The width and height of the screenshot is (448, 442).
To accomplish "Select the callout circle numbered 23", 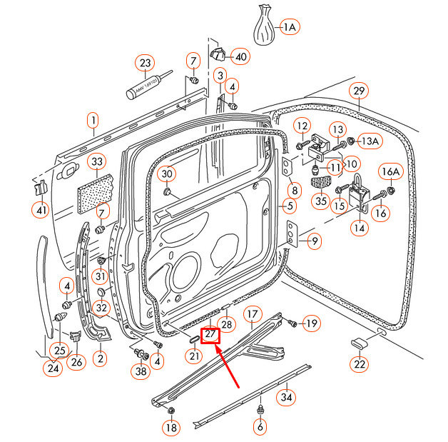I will point(146,63).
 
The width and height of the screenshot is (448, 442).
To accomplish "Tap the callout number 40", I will point(240,56).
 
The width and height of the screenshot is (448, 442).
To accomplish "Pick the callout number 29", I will point(359,91).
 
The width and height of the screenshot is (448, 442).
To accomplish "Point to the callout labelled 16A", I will point(390,171).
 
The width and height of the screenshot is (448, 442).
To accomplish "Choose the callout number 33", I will point(98,163).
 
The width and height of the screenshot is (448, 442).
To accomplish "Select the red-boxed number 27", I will point(210,333).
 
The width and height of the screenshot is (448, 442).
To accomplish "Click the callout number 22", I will point(360,365).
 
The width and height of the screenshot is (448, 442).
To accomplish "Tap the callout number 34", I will point(286,397).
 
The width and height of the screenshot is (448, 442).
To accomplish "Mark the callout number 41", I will point(40,210).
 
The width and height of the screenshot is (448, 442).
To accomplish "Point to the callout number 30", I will point(166,174).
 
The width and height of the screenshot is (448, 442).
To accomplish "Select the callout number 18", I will point(170,428).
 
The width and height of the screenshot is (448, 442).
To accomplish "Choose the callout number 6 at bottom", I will point(260,427).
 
